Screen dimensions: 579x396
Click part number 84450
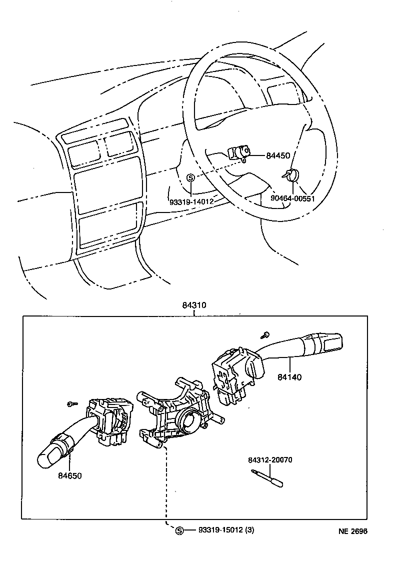click(x=278, y=155)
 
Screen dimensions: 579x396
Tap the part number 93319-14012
click(x=191, y=201)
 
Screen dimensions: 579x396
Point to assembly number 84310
click(x=194, y=305)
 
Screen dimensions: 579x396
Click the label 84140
click(x=289, y=378)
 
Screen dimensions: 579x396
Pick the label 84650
click(x=69, y=475)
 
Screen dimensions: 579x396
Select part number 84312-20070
click(x=270, y=460)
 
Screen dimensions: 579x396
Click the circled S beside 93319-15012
click(x=180, y=531)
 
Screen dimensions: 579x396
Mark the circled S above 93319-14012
click(x=190, y=178)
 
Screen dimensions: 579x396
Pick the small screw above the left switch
click(x=70, y=402)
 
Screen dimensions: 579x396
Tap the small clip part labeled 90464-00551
click(x=290, y=175)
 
